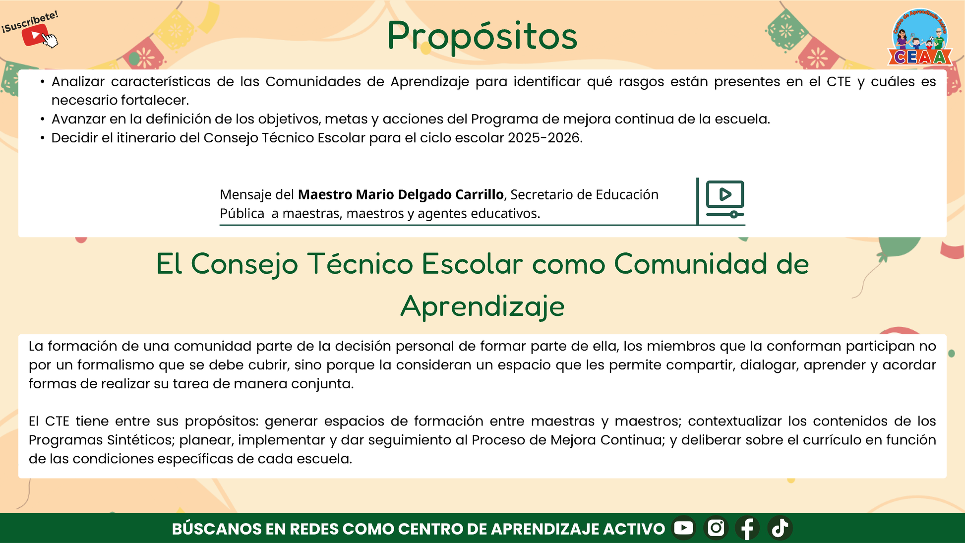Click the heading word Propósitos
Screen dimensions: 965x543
pyautogui.click(x=482, y=37)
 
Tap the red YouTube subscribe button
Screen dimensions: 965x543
pyautogui.click(x=35, y=35)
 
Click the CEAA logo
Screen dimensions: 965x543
pyautogui.click(x=920, y=37)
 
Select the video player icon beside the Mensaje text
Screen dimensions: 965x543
pyautogui.click(x=725, y=199)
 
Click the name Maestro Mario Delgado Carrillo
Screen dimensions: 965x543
pyautogui.click(x=401, y=194)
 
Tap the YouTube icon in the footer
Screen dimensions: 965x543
pyautogui.click(x=683, y=528)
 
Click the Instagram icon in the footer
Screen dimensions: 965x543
pyautogui.click(x=716, y=528)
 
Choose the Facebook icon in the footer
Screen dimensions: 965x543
pyautogui.click(x=747, y=528)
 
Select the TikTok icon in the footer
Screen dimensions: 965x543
pyautogui.click(x=780, y=528)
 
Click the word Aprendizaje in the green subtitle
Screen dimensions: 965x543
pyautogui.click(x=482, y=306)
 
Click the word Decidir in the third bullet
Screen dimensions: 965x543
pyautogui.click(x=75, y=138)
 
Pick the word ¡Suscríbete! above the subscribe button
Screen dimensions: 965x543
pyautogui.click(x=30, y=22)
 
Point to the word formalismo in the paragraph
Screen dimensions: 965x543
pyautogui.click(x=115, y=365)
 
